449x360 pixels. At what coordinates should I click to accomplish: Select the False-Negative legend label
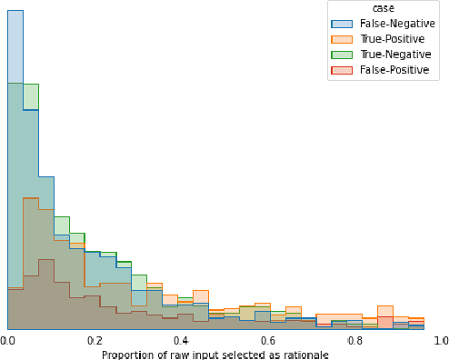(x=394, y=24)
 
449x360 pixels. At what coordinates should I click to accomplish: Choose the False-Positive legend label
(x=393, y=70)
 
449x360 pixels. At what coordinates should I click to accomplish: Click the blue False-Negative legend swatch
(x=342, y=24)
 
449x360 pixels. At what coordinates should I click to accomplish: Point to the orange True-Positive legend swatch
(x=342, y=39)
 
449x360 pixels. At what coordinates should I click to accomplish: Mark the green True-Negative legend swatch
(x=342, y=55)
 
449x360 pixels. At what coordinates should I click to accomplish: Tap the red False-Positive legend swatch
(x=342, y=70)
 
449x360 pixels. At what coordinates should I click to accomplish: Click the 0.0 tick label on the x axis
(x=7, y=341)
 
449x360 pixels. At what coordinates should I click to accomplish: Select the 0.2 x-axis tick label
(x=94, y=341)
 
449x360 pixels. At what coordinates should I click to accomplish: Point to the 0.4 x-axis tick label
(x=181, y=341)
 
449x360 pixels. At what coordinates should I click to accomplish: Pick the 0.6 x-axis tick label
(x=267, y=341)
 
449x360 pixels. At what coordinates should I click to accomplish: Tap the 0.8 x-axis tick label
(x=354, y=341)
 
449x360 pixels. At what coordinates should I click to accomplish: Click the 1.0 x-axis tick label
(x=440, y=341)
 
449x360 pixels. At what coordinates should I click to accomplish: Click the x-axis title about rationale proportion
(x=215, y=355)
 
